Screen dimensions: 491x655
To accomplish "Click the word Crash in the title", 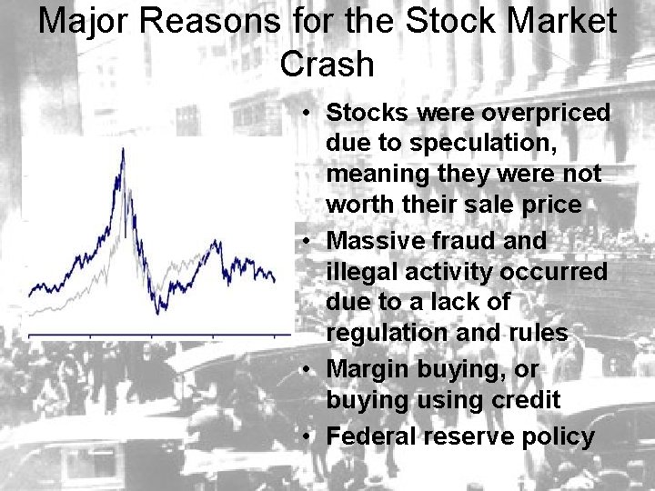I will [x=327, y=64].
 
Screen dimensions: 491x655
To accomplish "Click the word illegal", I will [x=363, y=272].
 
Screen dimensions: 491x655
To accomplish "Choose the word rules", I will [x=538, y=333].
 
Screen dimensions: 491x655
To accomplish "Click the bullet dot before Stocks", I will [x=310, y=114].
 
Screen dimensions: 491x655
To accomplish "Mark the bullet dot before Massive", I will [x=310, y=242].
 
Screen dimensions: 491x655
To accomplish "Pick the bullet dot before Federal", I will [x=310, y=437].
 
